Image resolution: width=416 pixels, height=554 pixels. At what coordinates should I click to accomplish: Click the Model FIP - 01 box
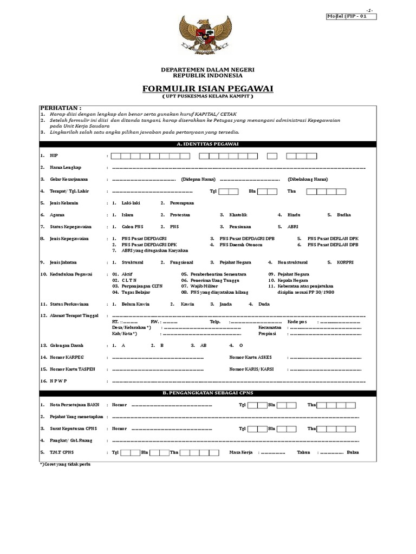click(351, 16)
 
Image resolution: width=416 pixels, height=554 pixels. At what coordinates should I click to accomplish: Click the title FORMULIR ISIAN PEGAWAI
click(207, 88)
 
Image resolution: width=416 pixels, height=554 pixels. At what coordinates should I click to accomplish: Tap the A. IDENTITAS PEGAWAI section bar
click(207, 144)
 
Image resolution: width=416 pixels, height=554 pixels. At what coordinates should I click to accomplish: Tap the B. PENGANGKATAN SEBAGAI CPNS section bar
click(207, 393)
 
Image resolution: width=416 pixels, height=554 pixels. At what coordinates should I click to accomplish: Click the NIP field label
click(53, 156)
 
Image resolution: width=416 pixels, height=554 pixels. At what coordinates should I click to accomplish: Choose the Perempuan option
click(182, 203)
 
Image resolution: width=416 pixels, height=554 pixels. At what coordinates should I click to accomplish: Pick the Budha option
click(343, 215)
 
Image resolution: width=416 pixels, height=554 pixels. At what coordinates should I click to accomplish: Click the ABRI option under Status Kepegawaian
click(292, 227)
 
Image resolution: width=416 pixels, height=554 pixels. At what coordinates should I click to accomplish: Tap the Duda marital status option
click(264, 305)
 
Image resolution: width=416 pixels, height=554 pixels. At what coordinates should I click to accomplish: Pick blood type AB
click(203, 345)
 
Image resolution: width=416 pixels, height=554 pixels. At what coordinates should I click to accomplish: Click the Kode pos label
click(301, 322)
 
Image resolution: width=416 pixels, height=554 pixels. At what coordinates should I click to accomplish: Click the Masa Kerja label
click(242, 452)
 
